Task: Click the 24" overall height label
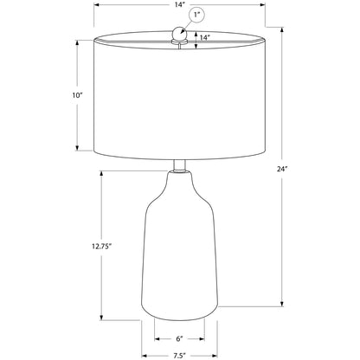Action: coord(281,170)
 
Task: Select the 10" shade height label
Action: coord(77,95)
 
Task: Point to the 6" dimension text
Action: coord(179,338)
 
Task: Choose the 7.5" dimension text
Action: coord(179,356)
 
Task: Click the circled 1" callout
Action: coord(196,15)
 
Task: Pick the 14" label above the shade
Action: coord(179,5)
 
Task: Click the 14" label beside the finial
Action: coord(204,37)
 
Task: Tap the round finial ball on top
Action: coord(180,33)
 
